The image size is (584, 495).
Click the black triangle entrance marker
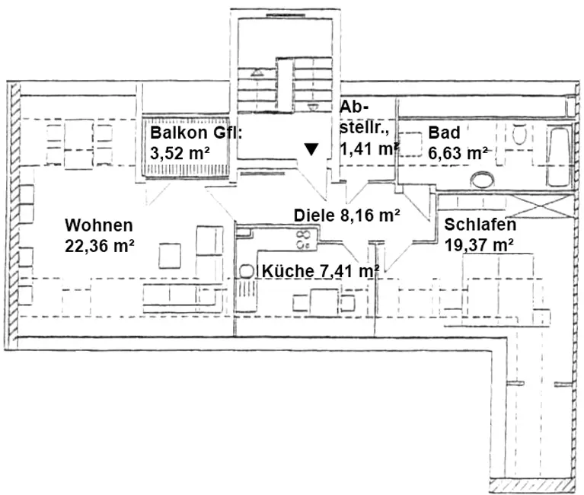(x=311, y=148)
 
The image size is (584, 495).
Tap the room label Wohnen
(x=99, y=225)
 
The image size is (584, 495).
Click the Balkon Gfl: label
(x=195, y=133)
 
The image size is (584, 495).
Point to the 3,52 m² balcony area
(x=176, y=152)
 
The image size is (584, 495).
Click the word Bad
(x=444, y=133)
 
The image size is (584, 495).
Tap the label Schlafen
(x=480, y=225)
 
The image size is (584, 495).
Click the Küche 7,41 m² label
(x=321, y=270)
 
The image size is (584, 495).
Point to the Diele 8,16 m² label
(x=347, y=215)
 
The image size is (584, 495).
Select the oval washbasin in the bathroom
(x=483, y=180)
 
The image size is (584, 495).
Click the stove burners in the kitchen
(x=303, y=241)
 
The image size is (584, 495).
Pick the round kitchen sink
(x=247, y=270)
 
